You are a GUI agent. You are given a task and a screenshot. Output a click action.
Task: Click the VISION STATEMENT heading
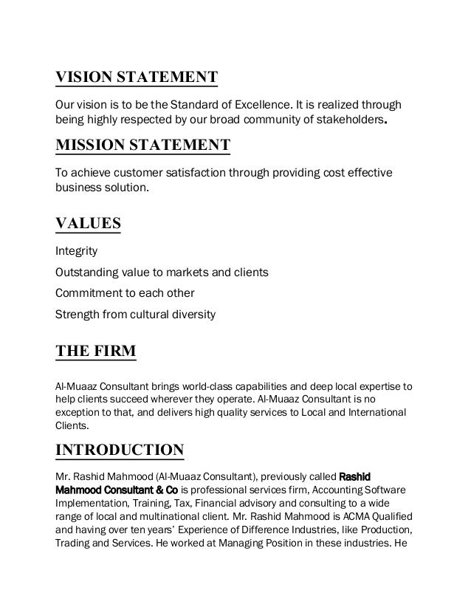(137, 78)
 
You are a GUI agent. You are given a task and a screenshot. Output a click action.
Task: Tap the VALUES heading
(89, 223)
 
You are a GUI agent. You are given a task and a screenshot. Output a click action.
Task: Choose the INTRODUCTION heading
(120, 450)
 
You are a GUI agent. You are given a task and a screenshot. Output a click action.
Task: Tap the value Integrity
(77, 251)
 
